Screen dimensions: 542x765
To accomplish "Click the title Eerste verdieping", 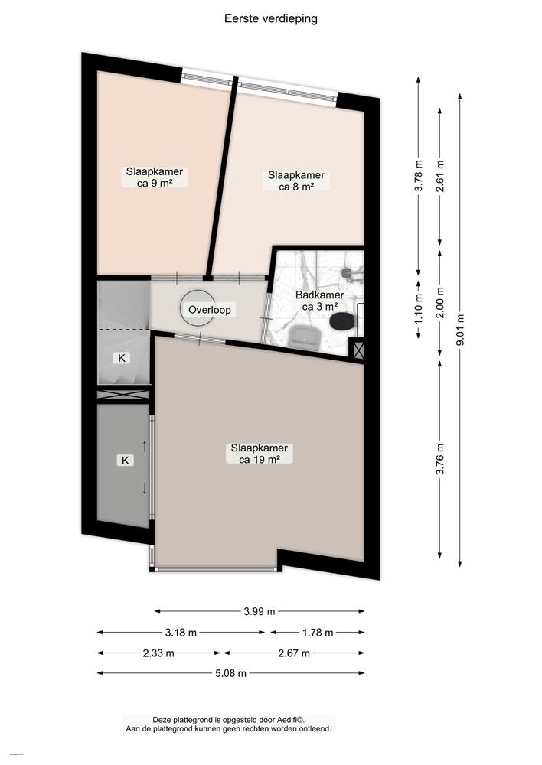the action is pyautogui.click(x=270, y=19).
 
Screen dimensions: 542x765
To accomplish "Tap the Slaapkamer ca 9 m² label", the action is pyautogui.click(x=155, y=177).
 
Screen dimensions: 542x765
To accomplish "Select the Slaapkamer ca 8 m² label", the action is pyautogui.click(x=296, y=181).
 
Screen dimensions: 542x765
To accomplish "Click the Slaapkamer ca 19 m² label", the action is pyautogui.click(x=260, y=454).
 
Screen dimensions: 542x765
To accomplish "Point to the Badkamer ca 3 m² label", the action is pyautogui.click(x=320, y=301).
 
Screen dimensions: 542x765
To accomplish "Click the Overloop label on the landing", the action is pyautogui.click(x=210, y=309).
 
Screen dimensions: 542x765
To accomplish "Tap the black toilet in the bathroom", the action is pyautogui.click(x=341, y=321).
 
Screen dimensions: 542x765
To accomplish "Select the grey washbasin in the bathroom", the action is pyautogui.click(x=305, y=337).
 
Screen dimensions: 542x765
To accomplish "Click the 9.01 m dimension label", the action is pyautogui.click(x=460, y=330).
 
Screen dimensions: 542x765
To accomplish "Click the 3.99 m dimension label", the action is pyautogui.click(x=260, y=611).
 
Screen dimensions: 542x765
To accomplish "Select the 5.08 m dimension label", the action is pyautogui.click(x=231, y=673).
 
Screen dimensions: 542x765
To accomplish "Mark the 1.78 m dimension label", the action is pyautogui.click(x=318, y=633).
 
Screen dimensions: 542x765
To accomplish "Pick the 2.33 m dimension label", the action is pyautogui.click(x=158, y=653).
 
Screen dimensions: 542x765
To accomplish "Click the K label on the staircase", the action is pyautogui.click(x=122, y=358).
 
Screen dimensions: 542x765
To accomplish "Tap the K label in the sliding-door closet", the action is pyautogui.click(x=126, y=460).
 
